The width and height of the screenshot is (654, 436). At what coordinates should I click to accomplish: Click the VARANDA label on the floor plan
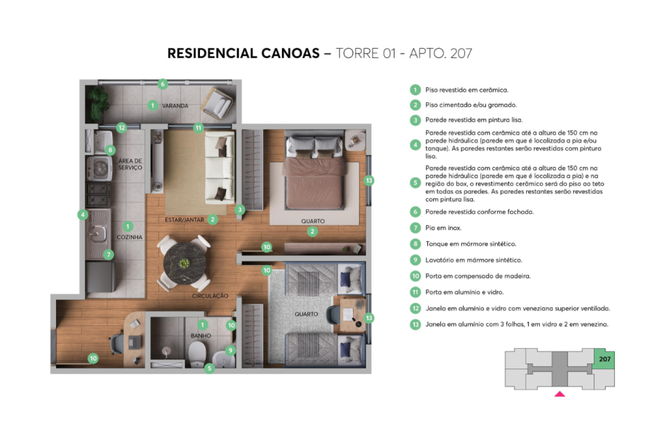point(175,106)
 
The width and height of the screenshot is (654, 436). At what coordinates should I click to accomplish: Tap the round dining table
point(183,260)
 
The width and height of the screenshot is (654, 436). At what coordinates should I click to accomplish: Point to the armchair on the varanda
point(216,105)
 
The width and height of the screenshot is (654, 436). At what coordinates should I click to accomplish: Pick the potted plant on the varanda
point(97,105)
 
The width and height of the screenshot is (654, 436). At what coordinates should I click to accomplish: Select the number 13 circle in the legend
point(415,324)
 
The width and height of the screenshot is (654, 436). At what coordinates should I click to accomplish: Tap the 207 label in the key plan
point(604,359)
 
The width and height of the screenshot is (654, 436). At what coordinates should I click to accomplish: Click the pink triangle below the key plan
point(559,395)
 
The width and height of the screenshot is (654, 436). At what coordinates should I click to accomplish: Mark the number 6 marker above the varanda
point(163,84)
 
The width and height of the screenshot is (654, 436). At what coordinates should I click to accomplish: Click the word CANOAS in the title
point(280,54)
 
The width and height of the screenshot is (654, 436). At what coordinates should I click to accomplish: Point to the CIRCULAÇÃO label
point(211,296)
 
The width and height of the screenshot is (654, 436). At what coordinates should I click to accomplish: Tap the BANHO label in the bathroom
point(201,336)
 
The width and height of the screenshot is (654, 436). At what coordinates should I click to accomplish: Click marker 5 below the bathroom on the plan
point(209,368)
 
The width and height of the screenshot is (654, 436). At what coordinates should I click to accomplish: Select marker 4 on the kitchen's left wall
point(84,215)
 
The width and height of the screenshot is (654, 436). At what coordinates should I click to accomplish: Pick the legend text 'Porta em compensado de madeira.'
point(481,276)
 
